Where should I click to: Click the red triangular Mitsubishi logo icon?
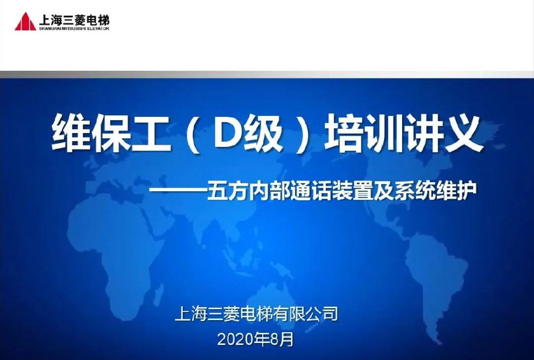(25, 21)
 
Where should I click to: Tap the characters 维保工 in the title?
(111, 134)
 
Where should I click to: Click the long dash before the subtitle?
(178, 190)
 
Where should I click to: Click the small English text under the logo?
(74, 29)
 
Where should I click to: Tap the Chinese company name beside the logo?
(74, 20)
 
